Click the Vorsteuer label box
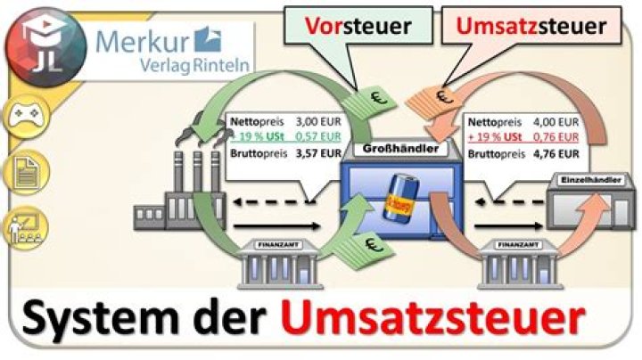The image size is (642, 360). tap(355, 27)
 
